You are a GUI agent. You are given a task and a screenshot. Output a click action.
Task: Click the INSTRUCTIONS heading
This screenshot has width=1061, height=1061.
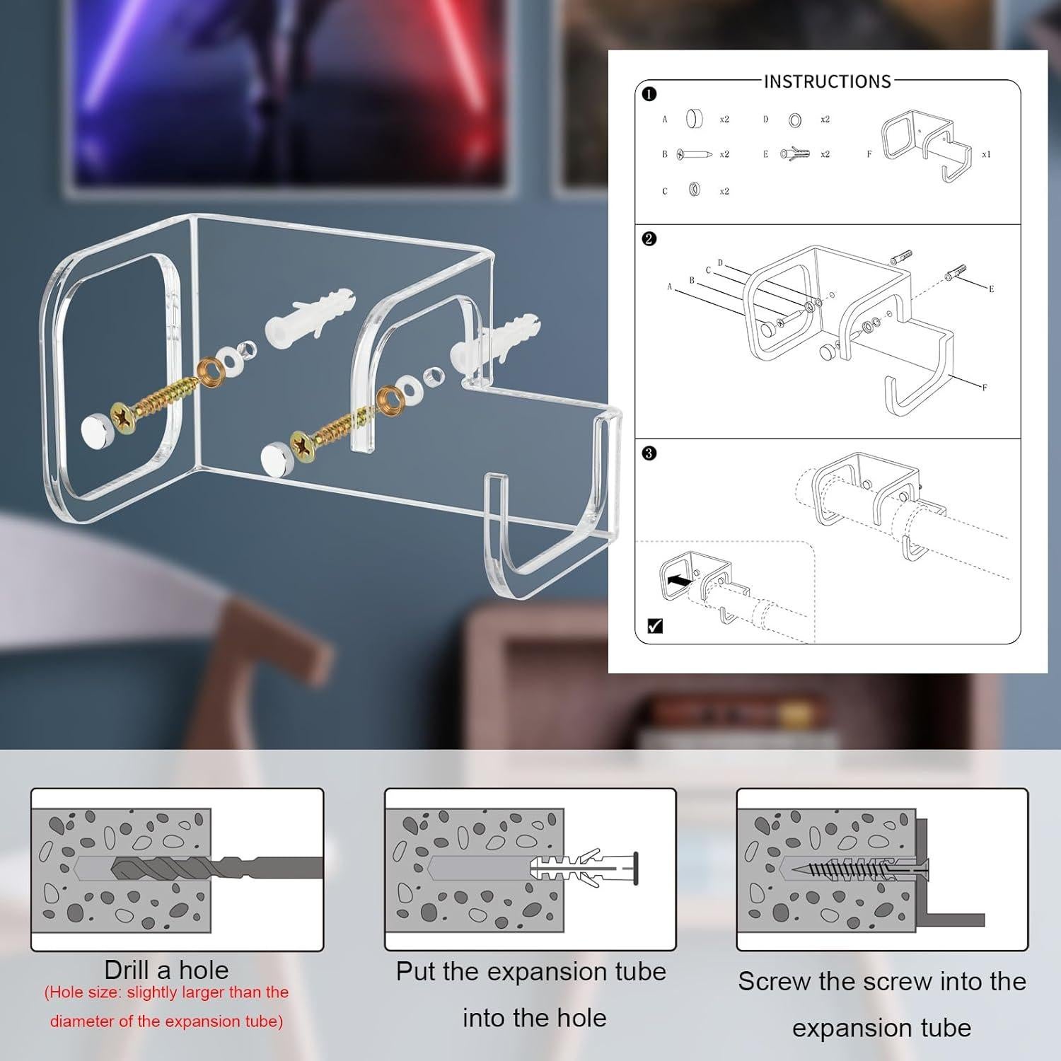[x=827, y=81]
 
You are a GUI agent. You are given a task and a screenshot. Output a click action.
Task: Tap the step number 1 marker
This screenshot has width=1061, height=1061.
[x=649, y=93]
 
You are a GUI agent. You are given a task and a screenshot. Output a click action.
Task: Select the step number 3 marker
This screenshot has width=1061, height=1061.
[x=649, y=453]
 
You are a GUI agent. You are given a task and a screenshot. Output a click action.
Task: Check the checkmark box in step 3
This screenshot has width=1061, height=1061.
[x=655, y=625]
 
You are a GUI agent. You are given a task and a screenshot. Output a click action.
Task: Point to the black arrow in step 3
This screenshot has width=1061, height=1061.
[x=679, y=579]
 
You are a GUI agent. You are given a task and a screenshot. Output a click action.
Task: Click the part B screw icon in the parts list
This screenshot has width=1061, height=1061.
[x=694, y=153]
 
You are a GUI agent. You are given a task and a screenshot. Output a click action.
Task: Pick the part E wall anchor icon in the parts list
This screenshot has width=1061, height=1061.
[x=795, y=153]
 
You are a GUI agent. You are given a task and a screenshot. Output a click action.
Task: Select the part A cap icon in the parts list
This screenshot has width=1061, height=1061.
[x=694, y=119]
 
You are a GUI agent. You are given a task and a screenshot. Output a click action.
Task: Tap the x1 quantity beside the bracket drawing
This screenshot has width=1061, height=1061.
[x=986, y=154]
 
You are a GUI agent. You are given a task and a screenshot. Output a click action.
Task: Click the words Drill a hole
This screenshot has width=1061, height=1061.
[x=166, y=969]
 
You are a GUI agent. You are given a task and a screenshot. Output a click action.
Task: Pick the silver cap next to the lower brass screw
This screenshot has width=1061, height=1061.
[x=274, y=457]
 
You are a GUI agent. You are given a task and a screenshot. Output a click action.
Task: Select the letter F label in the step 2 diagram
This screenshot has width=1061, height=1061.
[x=985, y=388]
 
